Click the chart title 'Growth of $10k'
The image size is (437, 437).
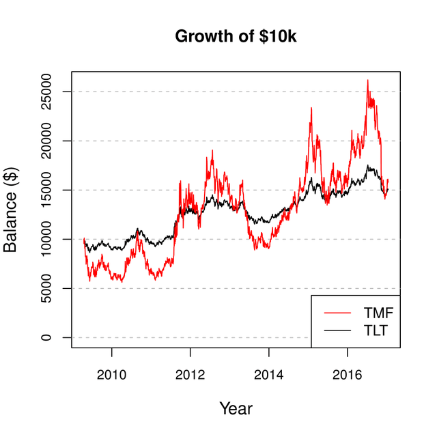point(236,36)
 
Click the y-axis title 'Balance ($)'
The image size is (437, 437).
point(11,210)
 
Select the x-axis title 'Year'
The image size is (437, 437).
point(236,409)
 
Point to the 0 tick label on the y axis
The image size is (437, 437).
point(47,337)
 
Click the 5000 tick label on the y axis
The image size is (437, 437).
point(47,288)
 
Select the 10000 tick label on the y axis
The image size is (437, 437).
point(47,239)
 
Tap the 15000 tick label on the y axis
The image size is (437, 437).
point(47,190)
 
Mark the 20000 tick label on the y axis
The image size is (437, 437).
point(47,141)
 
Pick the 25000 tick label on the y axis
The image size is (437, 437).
point(47,91)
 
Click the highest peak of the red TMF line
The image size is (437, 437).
point(367,81)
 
